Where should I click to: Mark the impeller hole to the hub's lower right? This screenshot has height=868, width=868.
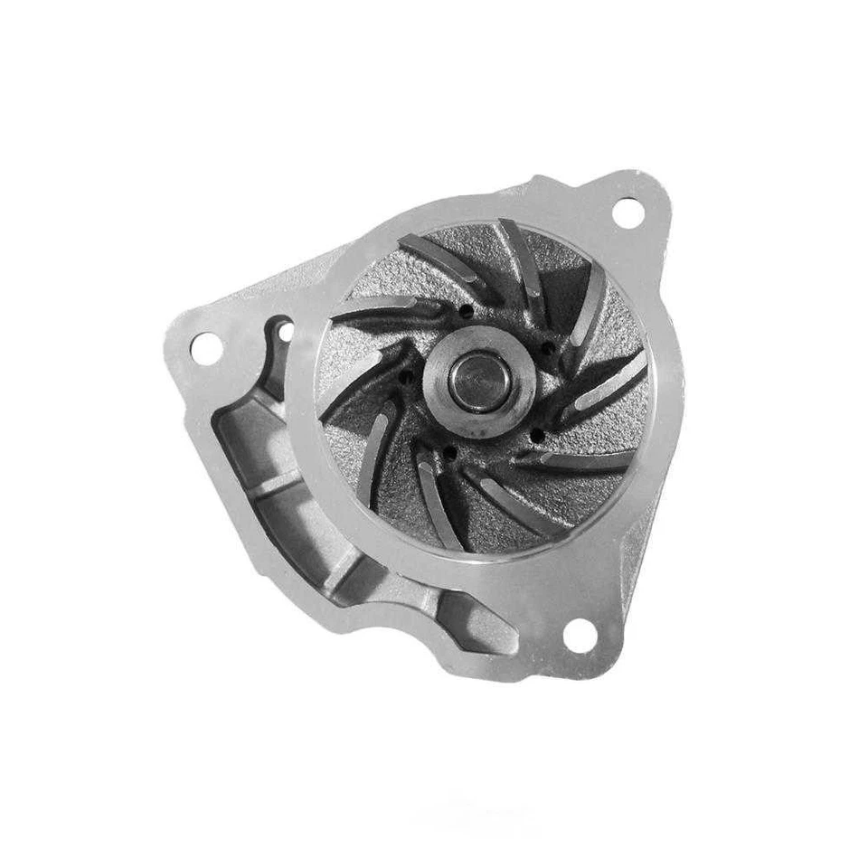[x=537, y=437]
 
